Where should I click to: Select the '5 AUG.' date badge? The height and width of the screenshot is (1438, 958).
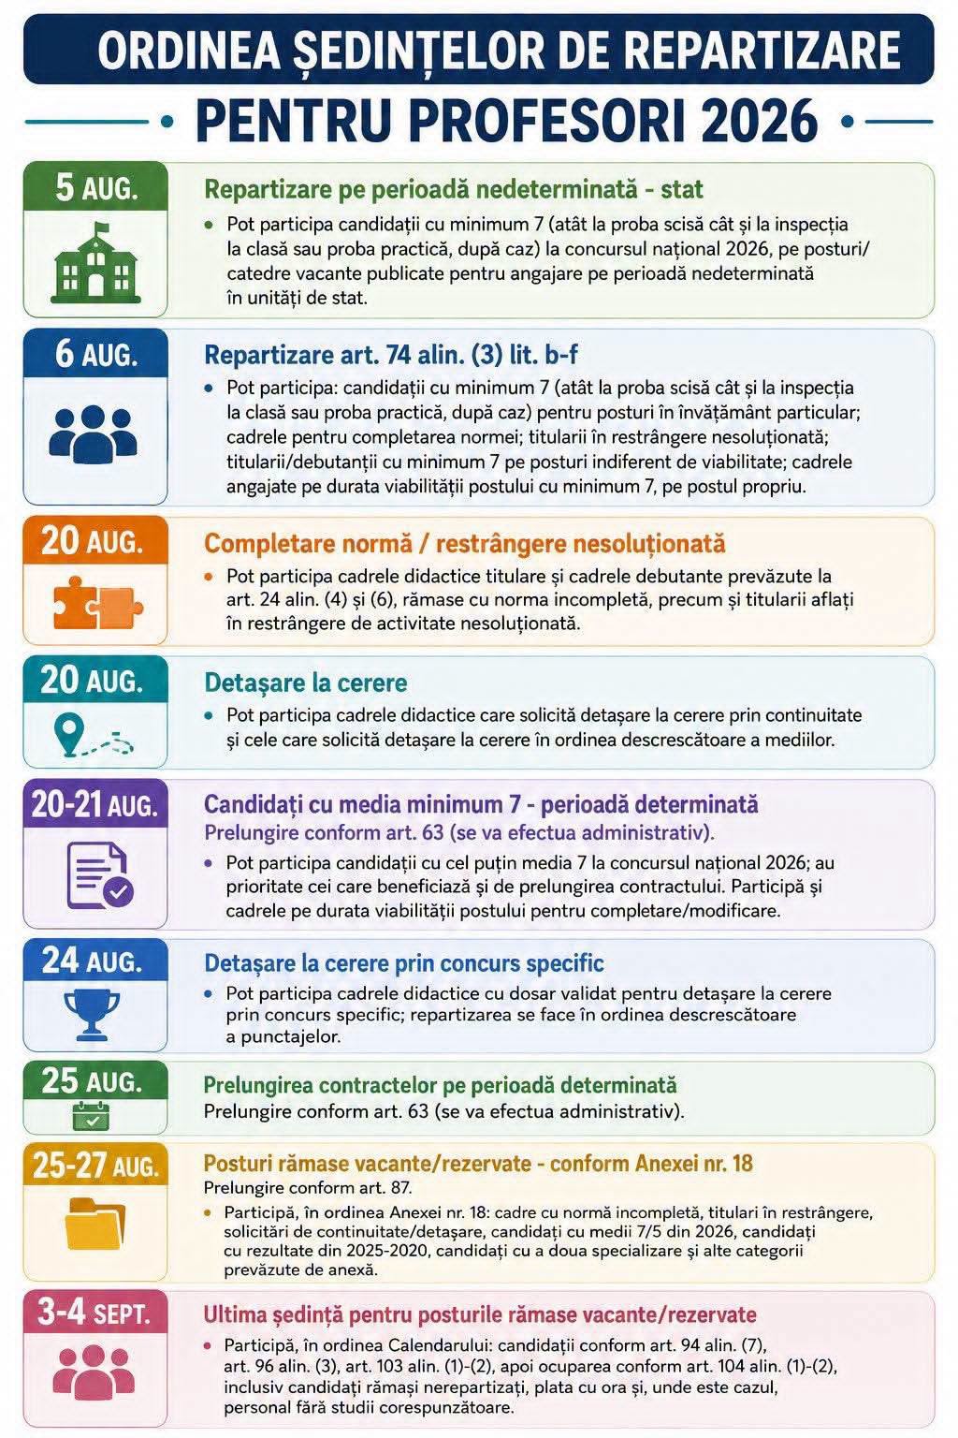pyautogui.click(x=95, y=187)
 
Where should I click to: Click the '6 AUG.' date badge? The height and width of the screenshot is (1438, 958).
pyautogui.click(x=95, y=353)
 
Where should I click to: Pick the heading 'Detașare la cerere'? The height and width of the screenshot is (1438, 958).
pyautogui.click(x=305, y=682)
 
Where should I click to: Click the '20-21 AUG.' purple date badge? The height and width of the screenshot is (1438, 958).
pyautogui.click(x=95, y=804)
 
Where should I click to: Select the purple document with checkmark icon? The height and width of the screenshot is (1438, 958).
pyautogui.click(x=100, y=875)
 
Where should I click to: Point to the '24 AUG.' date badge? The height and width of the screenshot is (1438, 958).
pyautogui.click(x=95, y=961)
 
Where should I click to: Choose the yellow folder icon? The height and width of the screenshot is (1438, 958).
pyautogui.click(x=95, y=1224)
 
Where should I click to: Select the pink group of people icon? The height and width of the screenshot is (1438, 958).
pyautogui.click(x=94, y=1372)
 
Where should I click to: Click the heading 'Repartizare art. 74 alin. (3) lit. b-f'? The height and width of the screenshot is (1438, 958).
pyautogui.click(x=391, y=355)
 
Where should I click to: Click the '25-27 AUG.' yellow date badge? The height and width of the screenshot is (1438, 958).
pyautogui.click(x=95, y=1165)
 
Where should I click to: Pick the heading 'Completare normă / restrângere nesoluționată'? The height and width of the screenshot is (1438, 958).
pyautogui.click(x=465, y=544)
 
